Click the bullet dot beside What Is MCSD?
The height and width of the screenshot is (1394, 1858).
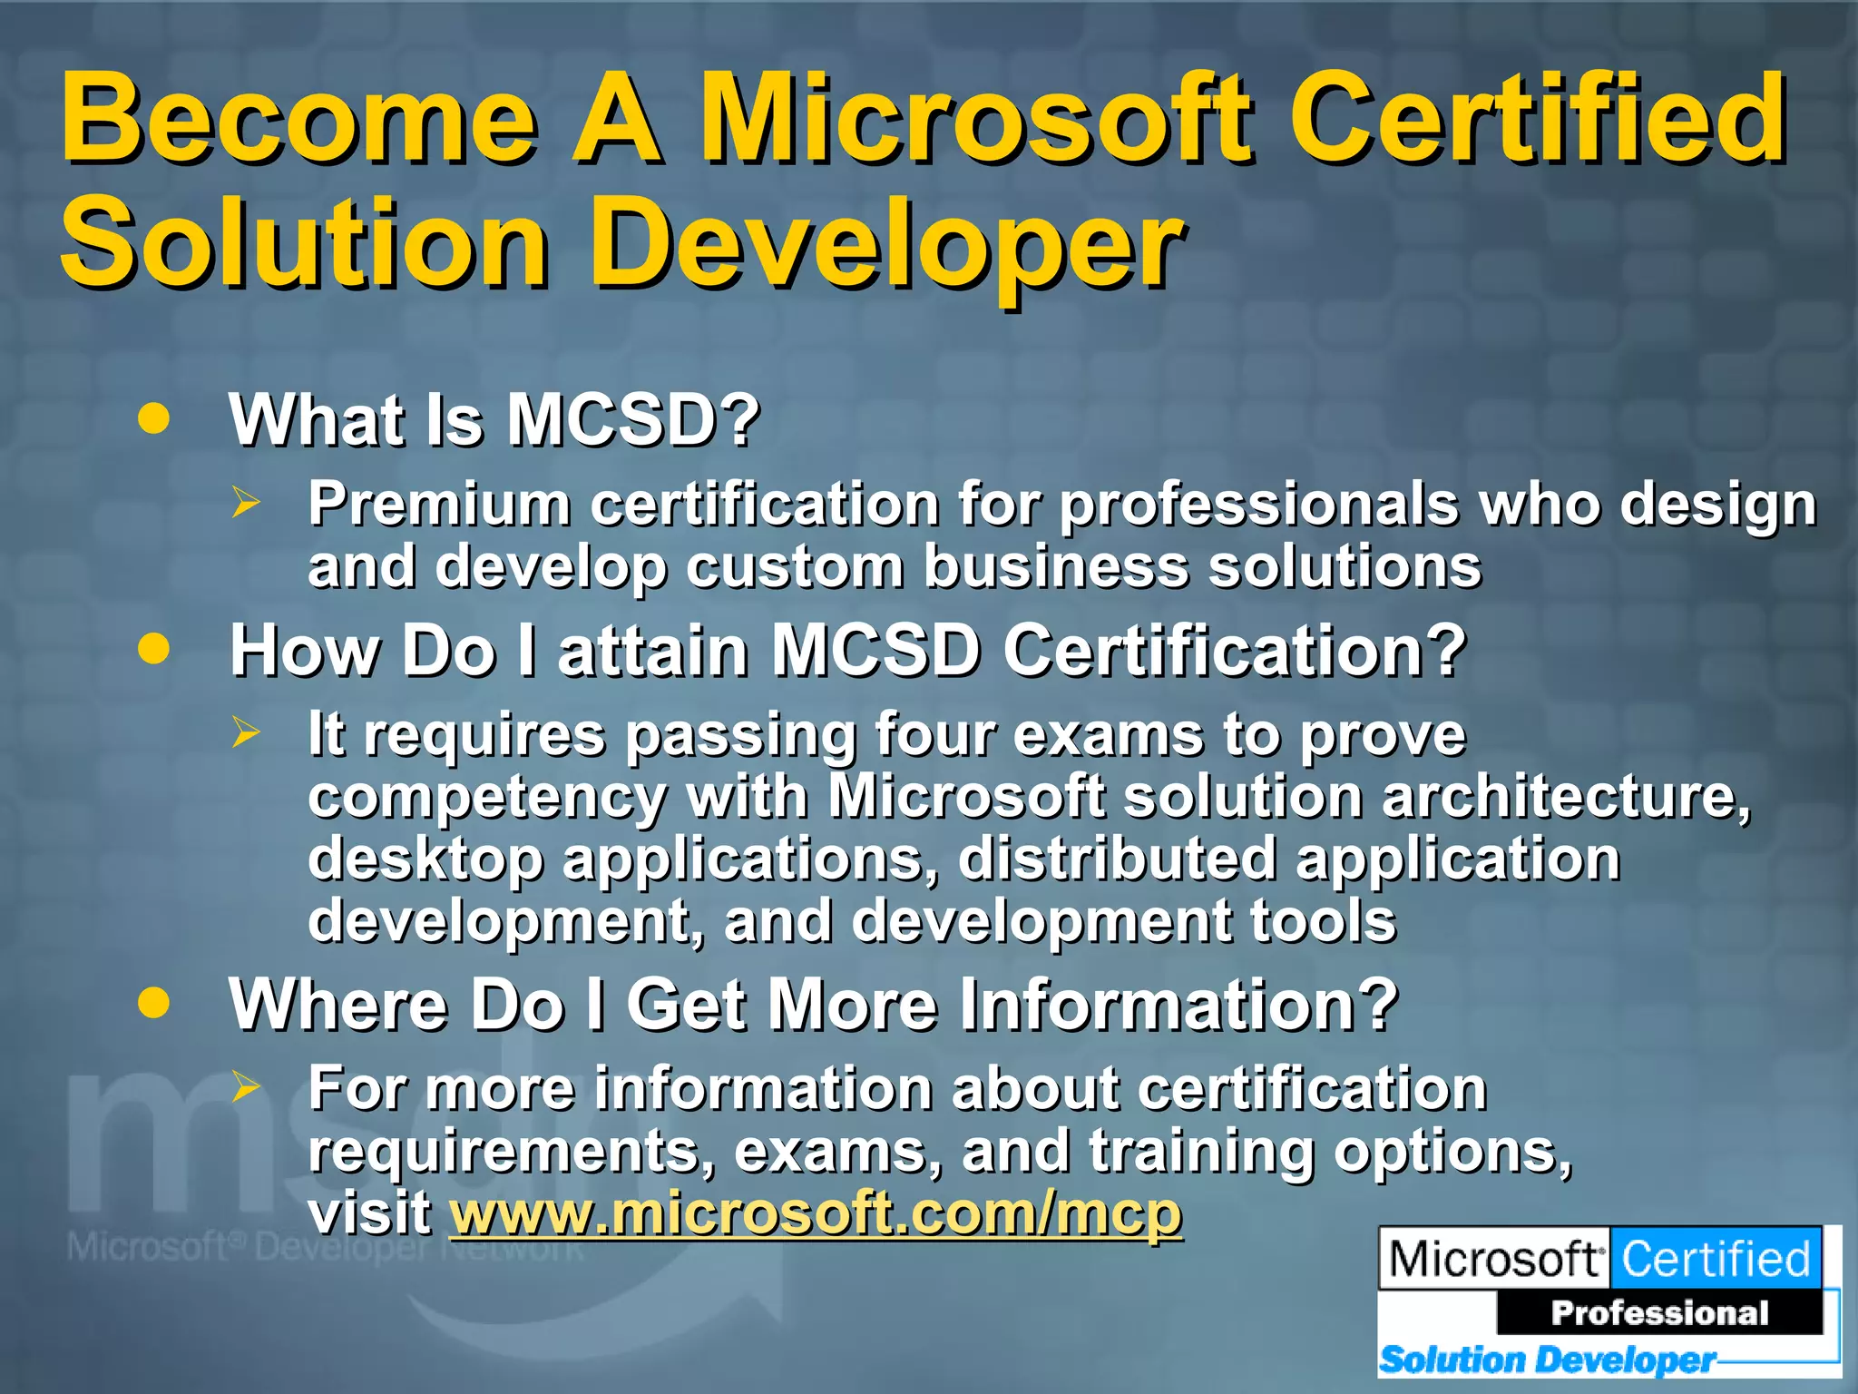click(x=154, y=418)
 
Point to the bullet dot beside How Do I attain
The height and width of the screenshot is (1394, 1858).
click(x=154, y=649)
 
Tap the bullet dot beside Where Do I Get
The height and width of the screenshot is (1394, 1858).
click(x=154, y=1003)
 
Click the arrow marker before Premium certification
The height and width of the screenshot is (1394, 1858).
click(x=245, y=502)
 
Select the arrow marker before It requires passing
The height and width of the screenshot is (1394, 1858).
click(x=245, y=731)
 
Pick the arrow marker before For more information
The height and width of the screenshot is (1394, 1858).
click(x=245, y=1086)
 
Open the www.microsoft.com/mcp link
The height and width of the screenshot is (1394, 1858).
click(x=816, y=1212)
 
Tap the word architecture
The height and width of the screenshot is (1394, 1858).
click(x=1565, y=796)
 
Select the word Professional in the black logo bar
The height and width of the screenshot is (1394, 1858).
click(x=1659, y=1312)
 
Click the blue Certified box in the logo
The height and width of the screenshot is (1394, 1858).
click(x=1716, y=1259)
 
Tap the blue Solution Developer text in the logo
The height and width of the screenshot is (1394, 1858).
click(x=1546, y=1360)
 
